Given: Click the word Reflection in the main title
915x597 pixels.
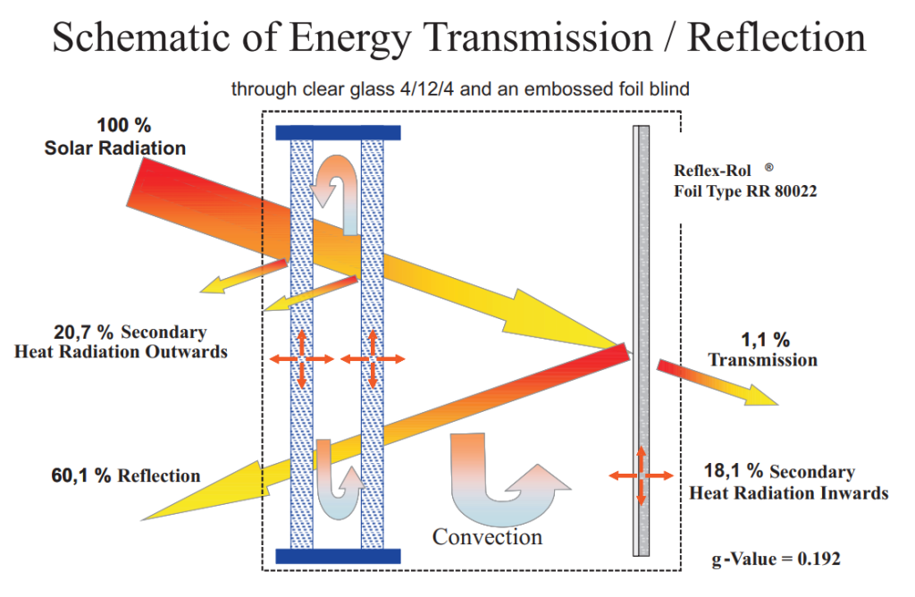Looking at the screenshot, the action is coord(776,38).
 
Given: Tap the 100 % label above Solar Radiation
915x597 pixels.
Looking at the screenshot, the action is coord(123,125).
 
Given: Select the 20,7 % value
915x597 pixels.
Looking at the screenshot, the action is coord(83,332).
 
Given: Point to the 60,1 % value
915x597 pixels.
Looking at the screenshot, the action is coord(80,475).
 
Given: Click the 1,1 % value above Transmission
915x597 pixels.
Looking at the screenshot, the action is coord(765,340).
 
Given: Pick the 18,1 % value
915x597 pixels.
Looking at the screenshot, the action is coord(734,470).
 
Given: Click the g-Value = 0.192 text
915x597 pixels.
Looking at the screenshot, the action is coord(776,559).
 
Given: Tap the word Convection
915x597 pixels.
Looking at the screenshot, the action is coord(487,536).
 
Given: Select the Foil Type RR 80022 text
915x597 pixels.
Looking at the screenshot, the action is coord(745,191).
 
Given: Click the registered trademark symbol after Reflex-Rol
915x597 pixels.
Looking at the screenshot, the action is coord(769,167).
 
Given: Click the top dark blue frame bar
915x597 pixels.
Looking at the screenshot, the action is coord(338,132).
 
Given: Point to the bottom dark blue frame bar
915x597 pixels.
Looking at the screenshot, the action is coord(338,556).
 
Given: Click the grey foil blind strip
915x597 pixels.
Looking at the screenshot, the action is coord(642,341).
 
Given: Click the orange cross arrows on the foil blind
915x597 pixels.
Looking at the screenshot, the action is coord(642,475).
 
